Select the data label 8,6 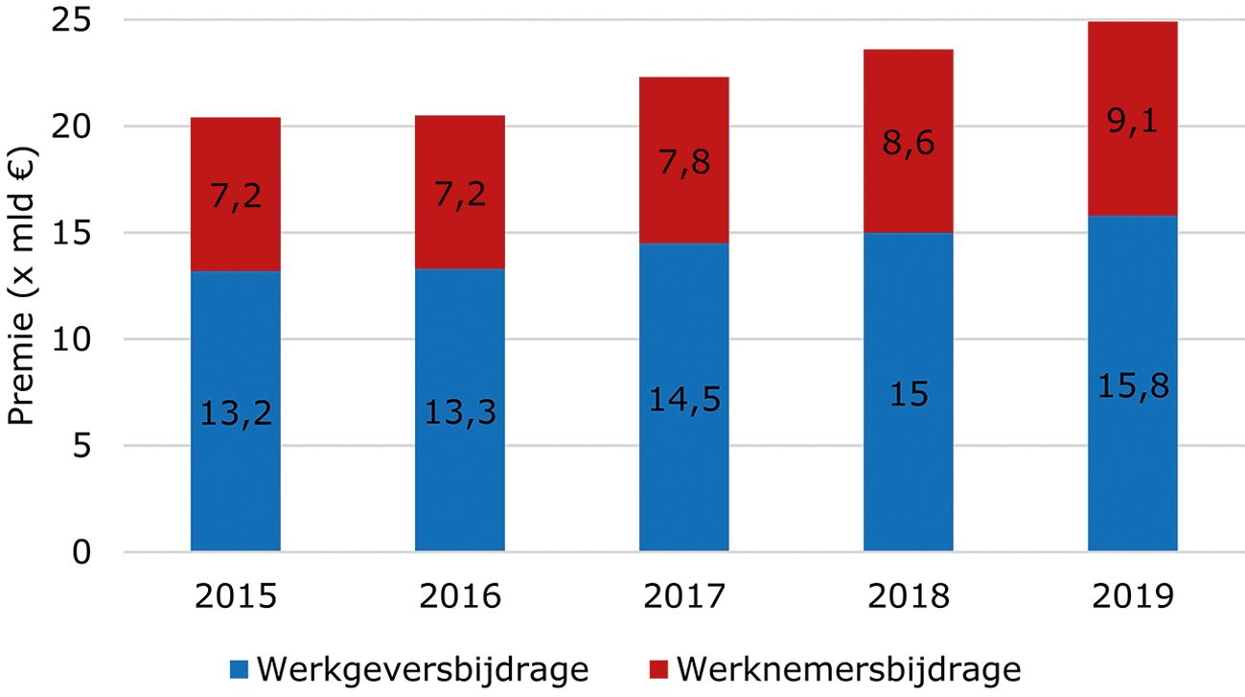coord(908,143)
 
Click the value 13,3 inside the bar coord(460,414)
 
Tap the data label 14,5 coord(683,399)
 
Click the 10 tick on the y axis coord(80,339)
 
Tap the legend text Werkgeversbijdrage coord(422,668)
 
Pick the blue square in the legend coord(239,669)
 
